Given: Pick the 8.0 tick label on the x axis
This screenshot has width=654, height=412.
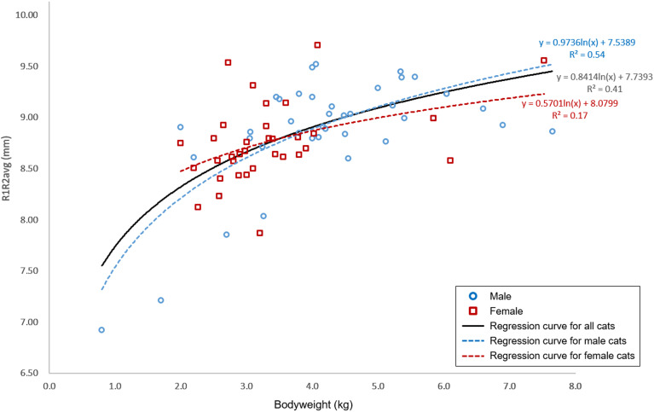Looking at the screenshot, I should point(576,386).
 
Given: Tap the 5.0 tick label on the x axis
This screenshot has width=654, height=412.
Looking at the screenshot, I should point(378,386).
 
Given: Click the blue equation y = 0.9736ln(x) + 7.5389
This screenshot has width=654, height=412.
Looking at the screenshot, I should point(587,41).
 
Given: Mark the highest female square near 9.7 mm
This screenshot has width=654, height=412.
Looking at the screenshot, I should point(317,45).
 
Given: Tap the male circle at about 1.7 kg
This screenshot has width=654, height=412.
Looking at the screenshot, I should point(160,300).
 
